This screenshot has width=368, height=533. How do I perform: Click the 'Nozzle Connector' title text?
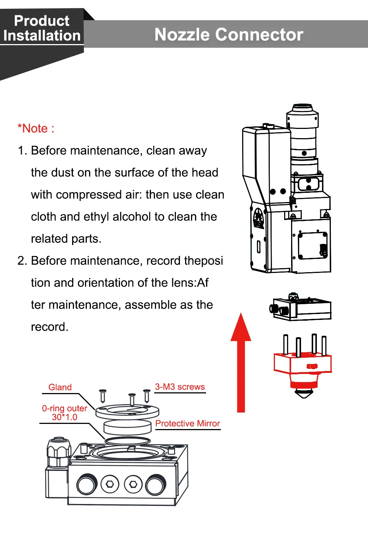[x=229, y=35]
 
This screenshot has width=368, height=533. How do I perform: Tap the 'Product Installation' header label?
[x=42, y=28]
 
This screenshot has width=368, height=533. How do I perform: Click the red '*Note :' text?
[x=36, y=129]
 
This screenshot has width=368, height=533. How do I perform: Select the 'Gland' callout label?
[x=60, y=387]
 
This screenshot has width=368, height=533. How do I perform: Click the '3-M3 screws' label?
[x=180, y=387]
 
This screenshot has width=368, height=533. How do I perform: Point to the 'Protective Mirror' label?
[x=187, y=424]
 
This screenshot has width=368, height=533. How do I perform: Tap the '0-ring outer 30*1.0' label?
[x=64, y=413]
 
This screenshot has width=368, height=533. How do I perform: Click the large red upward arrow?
[x=241, y=364]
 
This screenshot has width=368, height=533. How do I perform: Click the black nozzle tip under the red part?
[x=304, y=393]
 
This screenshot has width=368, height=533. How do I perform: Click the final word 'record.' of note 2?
[x=50, y=327]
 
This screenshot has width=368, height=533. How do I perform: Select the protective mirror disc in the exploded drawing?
[x=127, y=427]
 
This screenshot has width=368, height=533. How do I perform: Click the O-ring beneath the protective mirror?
[x=127, y=440]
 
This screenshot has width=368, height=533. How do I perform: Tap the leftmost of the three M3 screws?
[x=103, y=396]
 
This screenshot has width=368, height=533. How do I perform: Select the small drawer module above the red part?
[x=301, y=308]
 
